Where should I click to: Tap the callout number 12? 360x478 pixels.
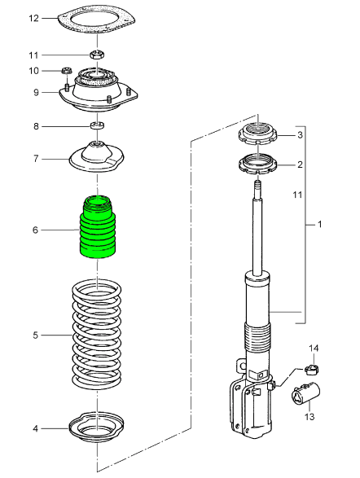point(34,19)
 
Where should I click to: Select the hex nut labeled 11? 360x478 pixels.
point(98,55)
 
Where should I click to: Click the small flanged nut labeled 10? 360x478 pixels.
point(67,70)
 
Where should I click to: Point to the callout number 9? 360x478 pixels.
point(36,92)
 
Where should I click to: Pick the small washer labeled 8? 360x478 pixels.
point(98,125)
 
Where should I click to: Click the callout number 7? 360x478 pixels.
point(36,159)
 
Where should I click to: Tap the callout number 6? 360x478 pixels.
point(36,230)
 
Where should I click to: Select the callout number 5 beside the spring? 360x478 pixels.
point(36,335)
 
